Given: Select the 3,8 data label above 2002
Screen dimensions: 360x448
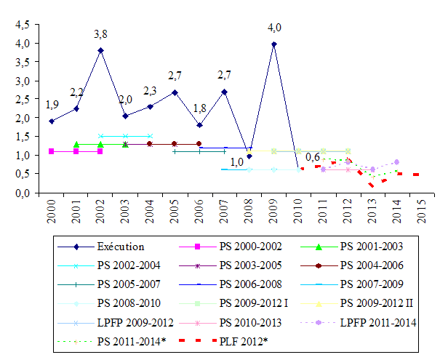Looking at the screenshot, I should (101, 33).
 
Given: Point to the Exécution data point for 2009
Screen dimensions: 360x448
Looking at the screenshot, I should (273, 44).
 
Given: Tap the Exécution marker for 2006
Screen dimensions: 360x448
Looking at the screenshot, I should (199, 125).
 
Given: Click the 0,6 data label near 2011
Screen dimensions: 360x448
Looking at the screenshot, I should (313, 157).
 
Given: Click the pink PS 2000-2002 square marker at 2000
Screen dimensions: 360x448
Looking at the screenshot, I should (51, 151).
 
